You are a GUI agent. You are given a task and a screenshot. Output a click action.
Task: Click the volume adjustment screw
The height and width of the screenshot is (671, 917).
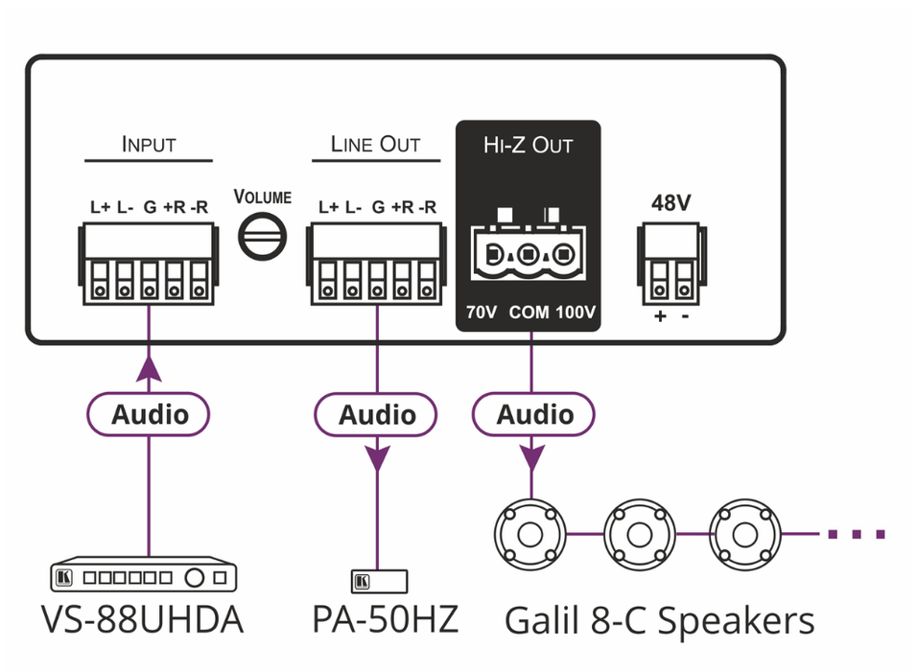(x=262, y=235)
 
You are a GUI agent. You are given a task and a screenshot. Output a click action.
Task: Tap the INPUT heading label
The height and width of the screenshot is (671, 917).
(x=149, y=145)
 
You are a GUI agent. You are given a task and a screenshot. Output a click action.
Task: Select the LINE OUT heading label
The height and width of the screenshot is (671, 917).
(x=375, y=145)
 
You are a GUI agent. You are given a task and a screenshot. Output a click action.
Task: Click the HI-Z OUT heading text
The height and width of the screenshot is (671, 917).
(x=528, y=146)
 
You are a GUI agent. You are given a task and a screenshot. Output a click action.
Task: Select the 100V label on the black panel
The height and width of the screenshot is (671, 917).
(x=576, y=312)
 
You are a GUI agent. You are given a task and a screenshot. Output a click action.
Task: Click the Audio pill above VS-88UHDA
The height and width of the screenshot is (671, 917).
(x=149, y=415)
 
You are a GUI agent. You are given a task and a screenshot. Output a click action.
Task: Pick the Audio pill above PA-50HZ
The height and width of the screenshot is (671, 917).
(x=376, y=415)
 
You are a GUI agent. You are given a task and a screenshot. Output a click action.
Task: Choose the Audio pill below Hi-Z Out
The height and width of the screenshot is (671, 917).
(x=534, y=415)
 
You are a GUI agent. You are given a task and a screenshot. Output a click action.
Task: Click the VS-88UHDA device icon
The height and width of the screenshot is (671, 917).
(x=142, y=577)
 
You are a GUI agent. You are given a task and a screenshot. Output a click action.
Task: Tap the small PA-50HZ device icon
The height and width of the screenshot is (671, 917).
(x=380, y=581)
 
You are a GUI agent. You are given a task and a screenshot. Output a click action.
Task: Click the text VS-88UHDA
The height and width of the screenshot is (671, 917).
(x=142, y=620)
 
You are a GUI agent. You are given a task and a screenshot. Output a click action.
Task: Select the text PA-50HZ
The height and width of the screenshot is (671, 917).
(x=385, y=620)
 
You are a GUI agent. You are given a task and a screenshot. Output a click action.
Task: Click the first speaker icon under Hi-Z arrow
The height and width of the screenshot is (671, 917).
(x=530, y=532)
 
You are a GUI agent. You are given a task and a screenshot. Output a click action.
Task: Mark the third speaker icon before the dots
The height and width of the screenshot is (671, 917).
(x=744, y=532)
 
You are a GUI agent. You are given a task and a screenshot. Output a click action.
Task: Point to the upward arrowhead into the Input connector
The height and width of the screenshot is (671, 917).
(x=149, y=369)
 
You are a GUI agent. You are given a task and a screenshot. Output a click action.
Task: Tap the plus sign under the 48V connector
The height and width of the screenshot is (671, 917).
(x=660, y=315)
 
